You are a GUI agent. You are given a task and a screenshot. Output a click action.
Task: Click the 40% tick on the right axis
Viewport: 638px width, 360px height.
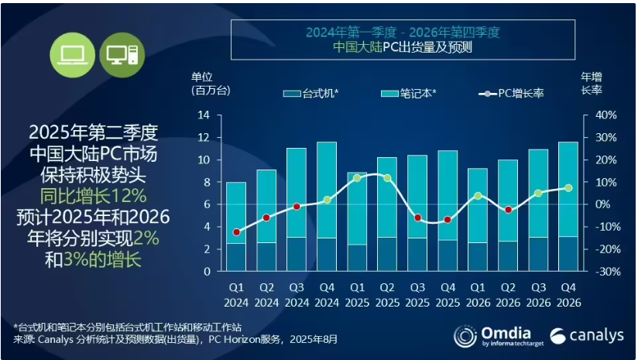pos(605,115)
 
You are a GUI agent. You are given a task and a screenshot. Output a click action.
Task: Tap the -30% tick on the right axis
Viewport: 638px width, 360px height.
pos(605,272)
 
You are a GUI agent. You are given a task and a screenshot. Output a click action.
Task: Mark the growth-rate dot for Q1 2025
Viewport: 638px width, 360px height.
pos(356,178)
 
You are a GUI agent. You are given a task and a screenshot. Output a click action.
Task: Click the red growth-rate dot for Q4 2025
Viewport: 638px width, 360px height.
pos(448,220)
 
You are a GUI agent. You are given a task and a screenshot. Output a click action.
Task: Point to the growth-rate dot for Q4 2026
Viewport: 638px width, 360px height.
pos(568,188)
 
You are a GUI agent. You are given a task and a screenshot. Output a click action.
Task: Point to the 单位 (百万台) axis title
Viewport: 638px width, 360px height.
pos(210,84)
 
